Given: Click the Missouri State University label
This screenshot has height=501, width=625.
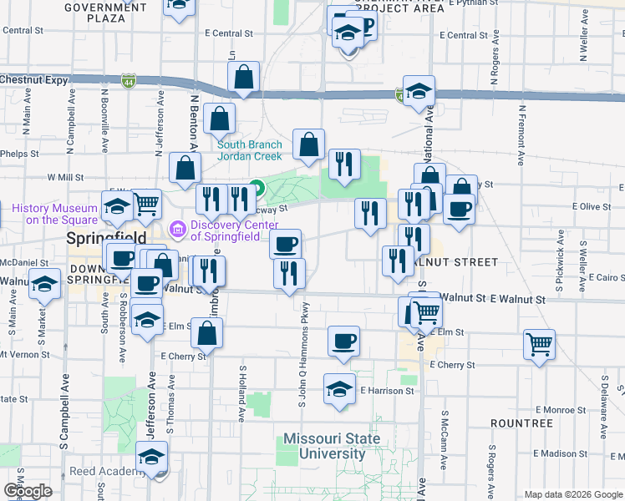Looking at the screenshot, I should point(331,446).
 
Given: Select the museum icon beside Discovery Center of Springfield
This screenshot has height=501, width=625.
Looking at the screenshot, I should point(177,227).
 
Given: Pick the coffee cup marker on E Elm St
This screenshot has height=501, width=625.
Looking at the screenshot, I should point(343,341).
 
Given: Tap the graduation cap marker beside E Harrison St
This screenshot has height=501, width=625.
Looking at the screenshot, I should point(339,390).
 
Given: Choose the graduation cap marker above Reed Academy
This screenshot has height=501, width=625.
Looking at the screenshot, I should point(151,457).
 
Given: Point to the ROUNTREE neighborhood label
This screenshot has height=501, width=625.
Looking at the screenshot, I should point(521,423).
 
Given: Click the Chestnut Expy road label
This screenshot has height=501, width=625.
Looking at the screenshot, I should point(33,79).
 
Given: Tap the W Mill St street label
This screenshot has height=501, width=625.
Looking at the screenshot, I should point(66,177).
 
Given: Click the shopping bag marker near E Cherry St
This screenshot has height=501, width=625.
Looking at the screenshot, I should point(206,333).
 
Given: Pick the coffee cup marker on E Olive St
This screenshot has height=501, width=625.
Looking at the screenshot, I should point(458,209).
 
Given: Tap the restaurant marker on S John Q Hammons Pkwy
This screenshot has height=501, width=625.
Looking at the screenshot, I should point(289,274).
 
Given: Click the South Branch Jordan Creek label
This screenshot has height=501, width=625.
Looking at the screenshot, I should point(250,149).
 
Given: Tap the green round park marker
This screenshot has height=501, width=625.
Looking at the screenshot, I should point(257,188).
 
